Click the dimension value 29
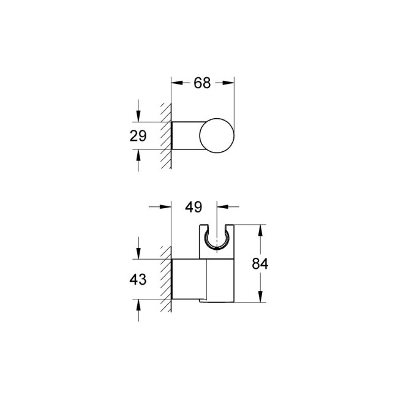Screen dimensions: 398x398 (138, 136)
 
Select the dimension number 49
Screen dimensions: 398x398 (194, 207)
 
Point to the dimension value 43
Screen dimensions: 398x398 (138, 280)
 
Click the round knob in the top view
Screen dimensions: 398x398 (217, 133)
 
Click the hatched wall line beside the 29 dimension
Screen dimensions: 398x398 (165, 136)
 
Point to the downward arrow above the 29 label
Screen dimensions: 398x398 (139, 117)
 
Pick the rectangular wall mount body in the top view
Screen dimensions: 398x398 (185, 135)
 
